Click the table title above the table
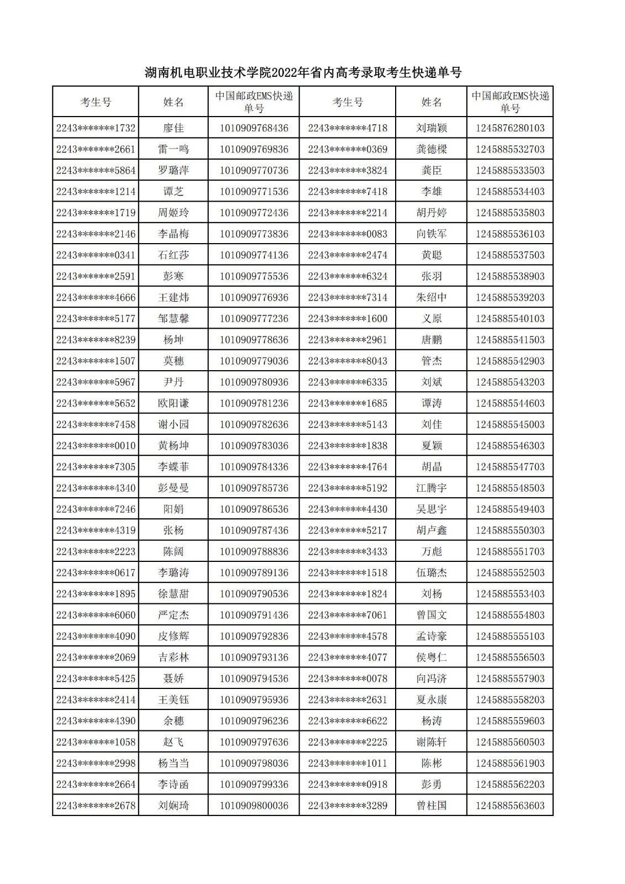[x=303, y=72]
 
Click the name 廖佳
[x=173, y=128]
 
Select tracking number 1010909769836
[x=254, y=149]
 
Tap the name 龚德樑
[x=431, y=149]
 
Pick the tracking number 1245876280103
[x=510, y=128]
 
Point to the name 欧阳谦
[x=173, y=403]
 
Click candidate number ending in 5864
[x=96, y=170]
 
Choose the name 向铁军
[x=431, y=234]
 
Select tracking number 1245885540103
[x=510, y=319]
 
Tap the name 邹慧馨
[x=173, y=319]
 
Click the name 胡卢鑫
[x=431, y=530]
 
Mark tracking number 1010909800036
[x=254, y=806]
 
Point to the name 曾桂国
[x=431, y=806]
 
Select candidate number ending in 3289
[x=348, y=806]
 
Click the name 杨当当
[x=173, y=763]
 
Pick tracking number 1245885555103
[x=510, y=636]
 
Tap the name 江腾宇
[x=431, y=488]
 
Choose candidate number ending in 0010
[x=96, y=445]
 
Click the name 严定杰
[x=173, y=615]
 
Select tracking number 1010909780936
[x=254, y=382]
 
